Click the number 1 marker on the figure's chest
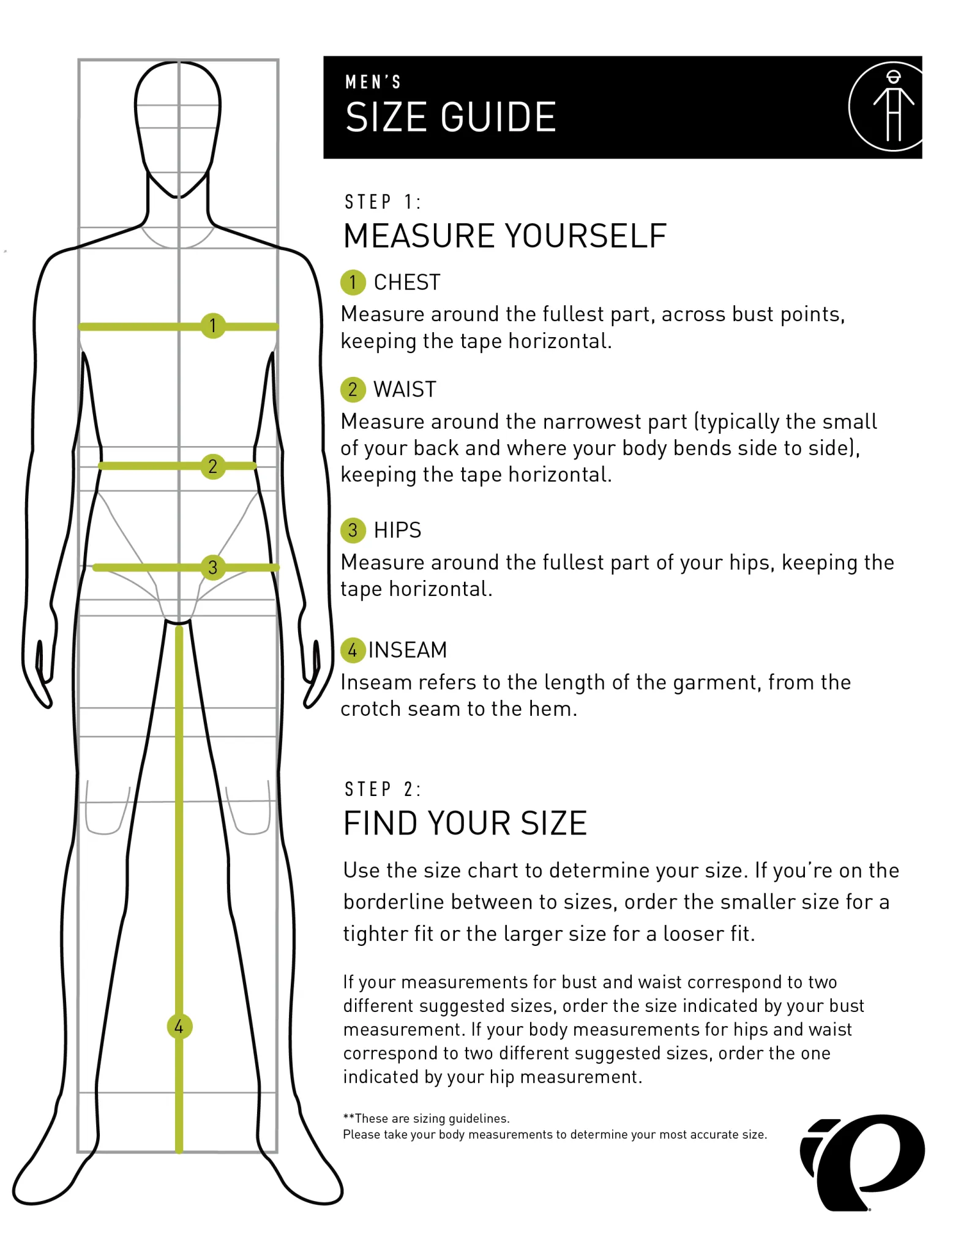click(x=213, y=325)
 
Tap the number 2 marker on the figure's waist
click(x=213, y=466)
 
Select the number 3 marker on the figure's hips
click(x=213, y=567)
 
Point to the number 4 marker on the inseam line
click(x=179, y=1026)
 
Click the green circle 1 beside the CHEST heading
click(x=353, y=282)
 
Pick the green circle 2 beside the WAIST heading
click(x=353, y=389)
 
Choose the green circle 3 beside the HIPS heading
click(x=353, y=530)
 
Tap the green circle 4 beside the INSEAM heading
click(x=353, y=650)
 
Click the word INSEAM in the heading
click(x=408, y=650)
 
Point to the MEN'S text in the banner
click(x=373, y=82)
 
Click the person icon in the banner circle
click(x=894, y=105)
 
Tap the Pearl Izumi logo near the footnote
click(x=862, y=1162)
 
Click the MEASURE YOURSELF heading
click(x=505, y=236)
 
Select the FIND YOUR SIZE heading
click(x=465, y=823)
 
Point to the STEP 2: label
click(x=383, y=789)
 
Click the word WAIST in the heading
click(x=405, y=389)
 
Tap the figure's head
click(x=178, y=129)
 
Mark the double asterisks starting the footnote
click(x=349, y=1117)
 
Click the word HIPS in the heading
click(x=397, y=530)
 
